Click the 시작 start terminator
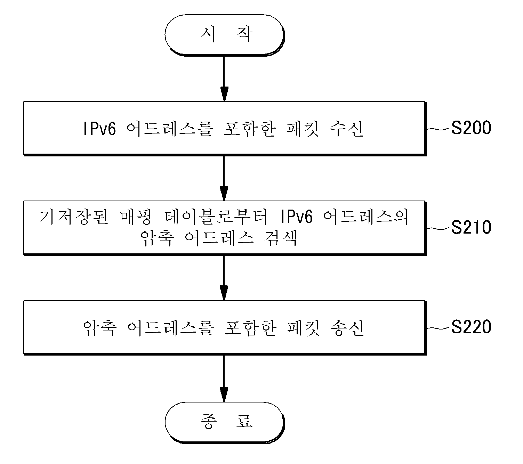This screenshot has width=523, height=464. point(225,35)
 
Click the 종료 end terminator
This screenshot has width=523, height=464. point(225,422)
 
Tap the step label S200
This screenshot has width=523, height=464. point(471,128)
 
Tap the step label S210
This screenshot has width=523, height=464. point(471,227)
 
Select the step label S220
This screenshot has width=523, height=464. point(471,327)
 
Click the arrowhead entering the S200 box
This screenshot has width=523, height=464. point(224,94)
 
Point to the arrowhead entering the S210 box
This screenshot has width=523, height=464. point(224,194)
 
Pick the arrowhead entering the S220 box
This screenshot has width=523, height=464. point(224,293)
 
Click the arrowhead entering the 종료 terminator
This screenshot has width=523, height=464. point(224,394)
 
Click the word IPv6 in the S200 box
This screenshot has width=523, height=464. point(100,129)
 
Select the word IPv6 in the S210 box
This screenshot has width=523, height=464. point(296,217)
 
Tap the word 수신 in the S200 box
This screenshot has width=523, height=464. point(346,129)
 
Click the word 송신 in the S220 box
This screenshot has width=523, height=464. point(347,328)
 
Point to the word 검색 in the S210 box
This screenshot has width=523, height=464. point(280,238)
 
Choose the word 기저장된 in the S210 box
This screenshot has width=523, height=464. point(74,217)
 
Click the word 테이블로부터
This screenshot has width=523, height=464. point(216,217)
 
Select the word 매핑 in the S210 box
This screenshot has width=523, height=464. point(136,217)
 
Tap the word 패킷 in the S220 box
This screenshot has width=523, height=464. point(303,328)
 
